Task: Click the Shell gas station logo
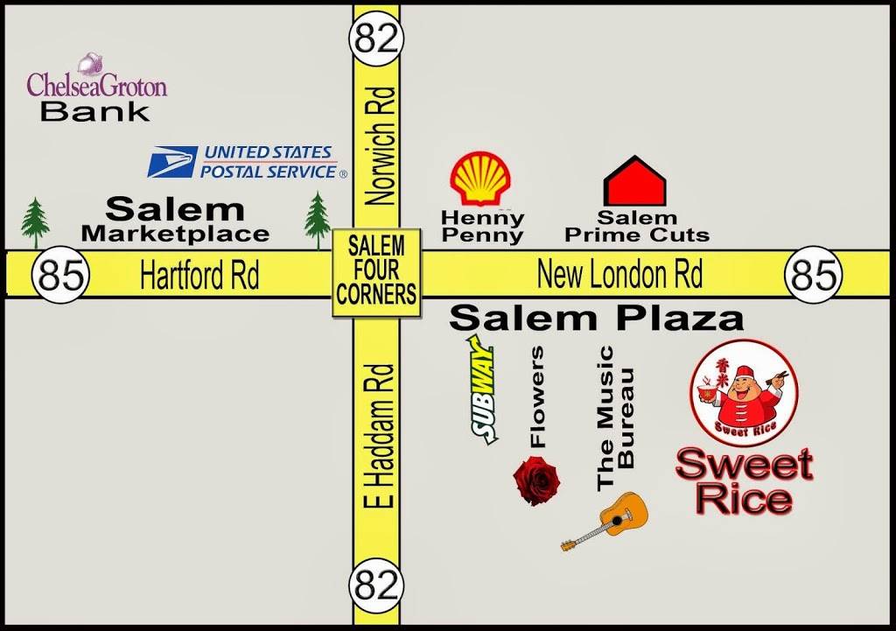point(479,179)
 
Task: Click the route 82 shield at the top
point(376,39)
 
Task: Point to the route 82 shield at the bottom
point(376,584)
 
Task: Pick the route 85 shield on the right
point(813,276)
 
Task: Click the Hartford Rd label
point(199,277)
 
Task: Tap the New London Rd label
point(619,276)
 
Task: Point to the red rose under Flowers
point(536,480)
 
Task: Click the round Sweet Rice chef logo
point(744,391)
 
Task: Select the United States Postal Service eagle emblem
point(171,162)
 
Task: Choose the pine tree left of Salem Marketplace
point(35,222)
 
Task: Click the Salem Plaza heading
point(596,319)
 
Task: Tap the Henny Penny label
point(482,226)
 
